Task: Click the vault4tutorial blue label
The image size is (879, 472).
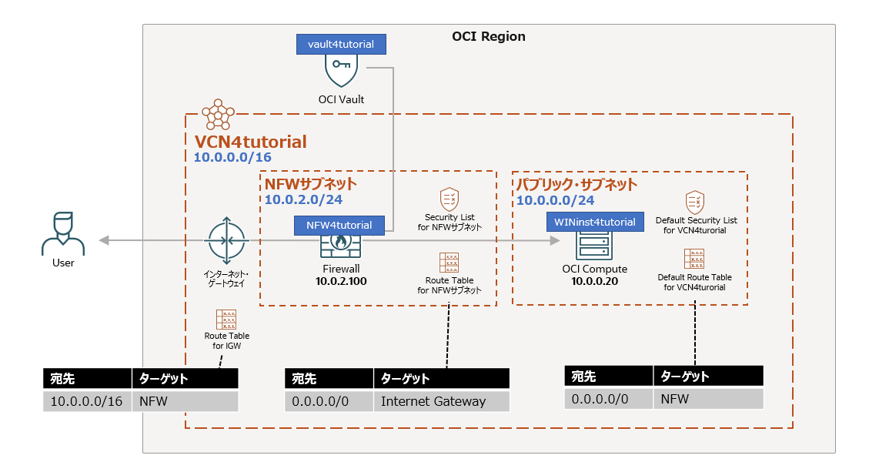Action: click(x=341, y=44)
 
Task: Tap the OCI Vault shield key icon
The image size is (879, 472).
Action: click(x=341, y=71)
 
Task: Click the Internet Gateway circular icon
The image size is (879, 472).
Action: click(x=226, y=241)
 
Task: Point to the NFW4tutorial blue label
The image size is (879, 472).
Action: click(x=339, y=226)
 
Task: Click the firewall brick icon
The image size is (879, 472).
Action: click(x=339, y=246)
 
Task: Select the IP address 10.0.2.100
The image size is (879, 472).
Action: click(x=339, y=282)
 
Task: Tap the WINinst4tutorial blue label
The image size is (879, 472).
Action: click(x=595, y=222)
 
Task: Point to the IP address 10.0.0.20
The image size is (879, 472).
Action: click(x=594, y=282)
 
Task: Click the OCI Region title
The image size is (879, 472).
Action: click(x=488, y=36)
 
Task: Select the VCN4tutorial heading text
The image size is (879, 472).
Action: click(x=250, y=142)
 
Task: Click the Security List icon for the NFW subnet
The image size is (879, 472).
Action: click(x=450, y=199)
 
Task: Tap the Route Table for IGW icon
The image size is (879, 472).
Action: click(x=226, y=320)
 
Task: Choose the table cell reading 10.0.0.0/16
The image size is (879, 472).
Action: click(x=87, y=401)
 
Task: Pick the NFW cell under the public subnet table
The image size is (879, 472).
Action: click(x=708, y=399)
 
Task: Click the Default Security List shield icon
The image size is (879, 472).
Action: click(x=695, y=203)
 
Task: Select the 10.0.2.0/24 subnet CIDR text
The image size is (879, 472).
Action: click(x=304, y=200)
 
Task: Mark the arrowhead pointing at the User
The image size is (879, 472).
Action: click(x=105, y=241)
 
